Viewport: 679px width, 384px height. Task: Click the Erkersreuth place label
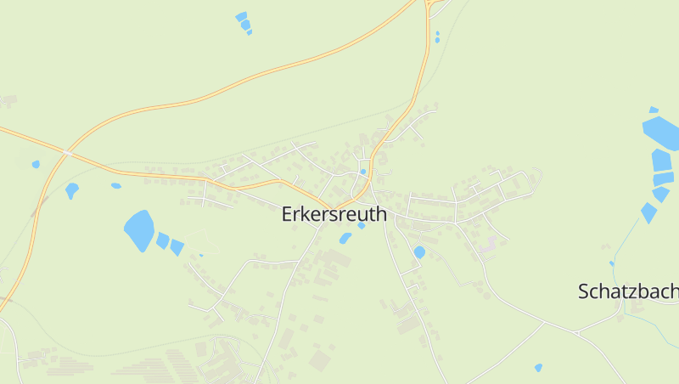(334, 215)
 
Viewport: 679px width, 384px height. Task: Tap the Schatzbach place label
(628, 291)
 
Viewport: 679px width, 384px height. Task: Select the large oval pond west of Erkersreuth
(138, 230)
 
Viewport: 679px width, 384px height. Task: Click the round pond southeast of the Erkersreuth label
(419, 252)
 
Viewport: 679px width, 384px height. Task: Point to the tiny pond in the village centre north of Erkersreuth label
(363, 172)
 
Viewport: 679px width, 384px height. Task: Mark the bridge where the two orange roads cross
(65, 152)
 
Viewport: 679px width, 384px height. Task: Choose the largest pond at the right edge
(661, 133)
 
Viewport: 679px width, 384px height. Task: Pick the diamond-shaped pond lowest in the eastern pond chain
(648, 212)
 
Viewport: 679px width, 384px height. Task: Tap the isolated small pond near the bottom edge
(538, 368)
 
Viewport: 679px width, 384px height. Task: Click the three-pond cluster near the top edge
(244, 23)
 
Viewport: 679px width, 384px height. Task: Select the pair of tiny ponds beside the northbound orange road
(437, 37)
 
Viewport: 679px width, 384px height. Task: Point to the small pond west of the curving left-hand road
(35, 164)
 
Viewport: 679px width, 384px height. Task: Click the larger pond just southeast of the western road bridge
(72, 190)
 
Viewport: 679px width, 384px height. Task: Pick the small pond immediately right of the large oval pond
(162, 240)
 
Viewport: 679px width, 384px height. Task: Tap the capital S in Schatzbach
(583, 291)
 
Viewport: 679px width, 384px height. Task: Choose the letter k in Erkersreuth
(307, 215)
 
